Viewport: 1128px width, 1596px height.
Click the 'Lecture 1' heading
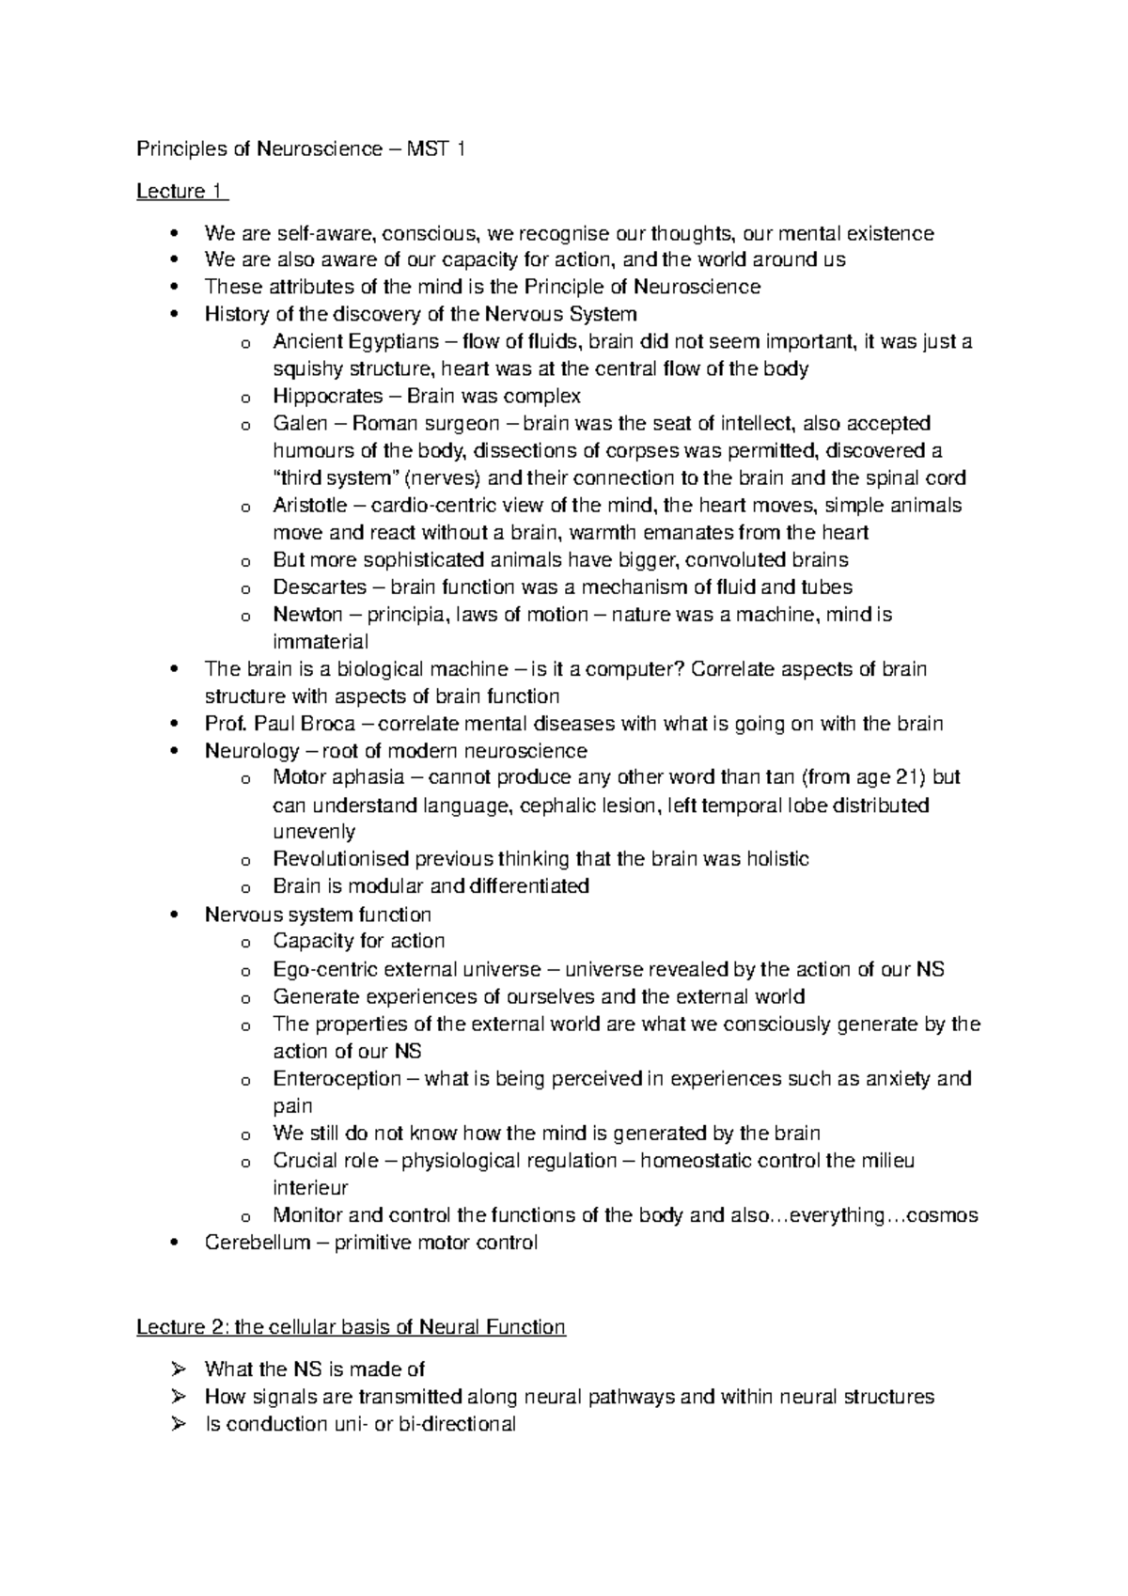[180, 192]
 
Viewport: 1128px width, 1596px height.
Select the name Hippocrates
[327, 396]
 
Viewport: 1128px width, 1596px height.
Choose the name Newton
[307, 615]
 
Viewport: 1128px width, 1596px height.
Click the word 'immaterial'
[321, 642]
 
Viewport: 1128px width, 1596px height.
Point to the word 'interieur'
[310, 1188]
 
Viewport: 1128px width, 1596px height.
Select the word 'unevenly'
[314, 832]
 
